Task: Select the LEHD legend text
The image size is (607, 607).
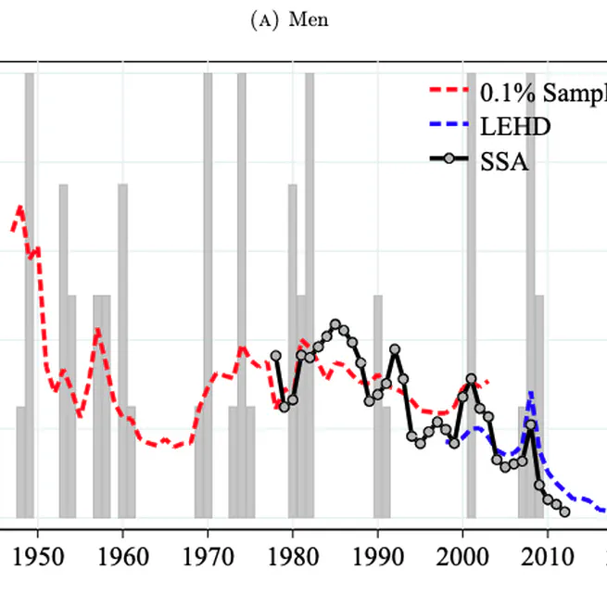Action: coord(515,126)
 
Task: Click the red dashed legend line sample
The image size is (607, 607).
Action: coord(449,92)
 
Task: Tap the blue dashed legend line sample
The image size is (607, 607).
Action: coord(449,126)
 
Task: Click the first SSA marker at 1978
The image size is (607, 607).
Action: coord(275,355)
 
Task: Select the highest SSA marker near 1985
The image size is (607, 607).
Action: coord(335,324)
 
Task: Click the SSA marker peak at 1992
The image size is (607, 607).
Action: coord(395,349)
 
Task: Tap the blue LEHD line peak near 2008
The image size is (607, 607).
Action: coord(530,394)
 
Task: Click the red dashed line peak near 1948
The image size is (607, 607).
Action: coord(19,208)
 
